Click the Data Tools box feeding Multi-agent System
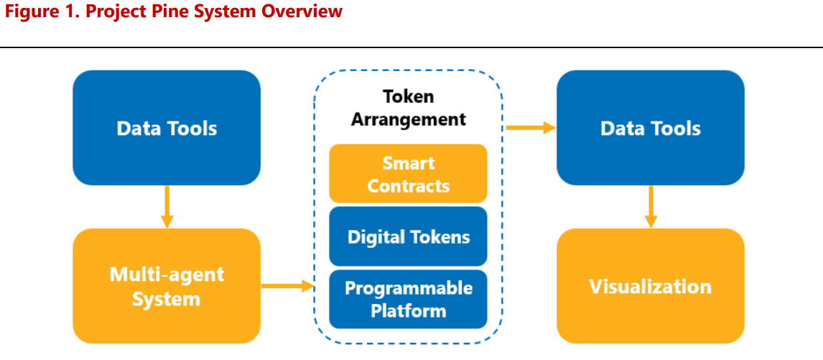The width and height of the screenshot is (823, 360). (x=167, y=128)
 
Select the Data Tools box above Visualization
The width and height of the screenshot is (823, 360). (x=650, y=128)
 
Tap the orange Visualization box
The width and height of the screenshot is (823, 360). (x=650, y=286)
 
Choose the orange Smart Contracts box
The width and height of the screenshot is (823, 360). (x=408, y=174)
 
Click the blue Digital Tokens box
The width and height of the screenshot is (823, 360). (x=408, y=236)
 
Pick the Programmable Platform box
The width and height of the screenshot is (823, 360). (x=408, y=299)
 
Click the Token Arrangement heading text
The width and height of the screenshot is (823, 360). (x=408, y=107)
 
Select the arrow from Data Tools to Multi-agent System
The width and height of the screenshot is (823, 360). (x=167, y=207)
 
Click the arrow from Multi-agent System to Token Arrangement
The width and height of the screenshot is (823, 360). (x=287, y=286)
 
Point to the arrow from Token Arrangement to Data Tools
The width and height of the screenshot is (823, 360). (x=531, y=128)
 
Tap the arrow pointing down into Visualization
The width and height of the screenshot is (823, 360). (x=651, y=207)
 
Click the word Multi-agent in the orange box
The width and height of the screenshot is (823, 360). (x=167, y=274)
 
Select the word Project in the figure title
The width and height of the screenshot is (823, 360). (x=110, y=12)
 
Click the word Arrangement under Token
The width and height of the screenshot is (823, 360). (x=408, y=119)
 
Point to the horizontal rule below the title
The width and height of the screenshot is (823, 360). (x=411, y=47)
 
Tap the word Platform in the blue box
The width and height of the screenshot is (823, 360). (x=408, y=310)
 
